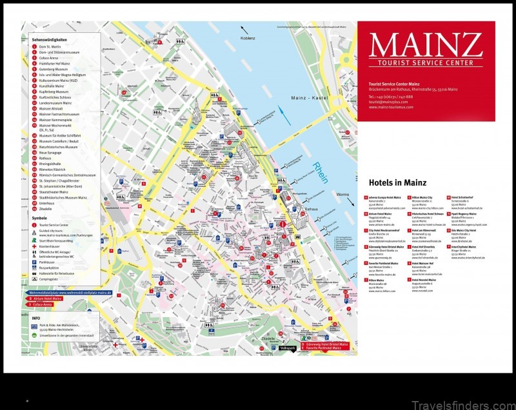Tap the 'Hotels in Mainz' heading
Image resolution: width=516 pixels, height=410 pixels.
(397, 182)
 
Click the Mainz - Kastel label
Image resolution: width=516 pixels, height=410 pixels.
(308, 99)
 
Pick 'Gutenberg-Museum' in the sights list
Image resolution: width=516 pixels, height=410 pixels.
(54, 68)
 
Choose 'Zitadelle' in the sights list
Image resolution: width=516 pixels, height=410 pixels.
(46, 209)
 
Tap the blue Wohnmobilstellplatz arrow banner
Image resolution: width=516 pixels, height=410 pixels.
(64, 293)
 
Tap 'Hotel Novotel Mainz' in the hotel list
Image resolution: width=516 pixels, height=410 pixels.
(424, 280)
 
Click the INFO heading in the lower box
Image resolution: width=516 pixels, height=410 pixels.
(36, 318)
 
